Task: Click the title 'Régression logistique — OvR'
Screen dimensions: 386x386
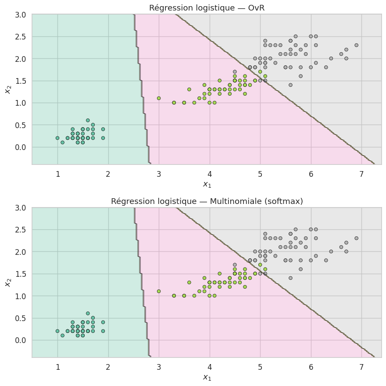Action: click(x=207, y=8)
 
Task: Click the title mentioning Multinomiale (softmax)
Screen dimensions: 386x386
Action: click(x=207, y=201)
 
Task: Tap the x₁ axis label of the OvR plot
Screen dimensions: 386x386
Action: click(x=207, y=184)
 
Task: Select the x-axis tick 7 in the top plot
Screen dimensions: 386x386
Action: click(x=361, y=173)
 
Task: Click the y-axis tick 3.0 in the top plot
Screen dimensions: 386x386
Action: click(x=20, y=14)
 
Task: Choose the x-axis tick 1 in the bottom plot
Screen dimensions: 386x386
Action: click(x=57, y=366)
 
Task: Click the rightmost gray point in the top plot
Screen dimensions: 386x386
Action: click(x=356, y=45)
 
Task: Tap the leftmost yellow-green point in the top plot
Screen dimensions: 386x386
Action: click(x=159, y=98)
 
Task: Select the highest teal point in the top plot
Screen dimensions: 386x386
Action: click(x=88, y=120)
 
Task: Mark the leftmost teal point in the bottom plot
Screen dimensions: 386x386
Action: click(x=57, y=331)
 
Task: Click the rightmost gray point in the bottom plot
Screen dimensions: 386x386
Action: click(x=356, y=238)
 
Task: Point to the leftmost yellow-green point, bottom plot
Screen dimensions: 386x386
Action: click(x=159, y=291)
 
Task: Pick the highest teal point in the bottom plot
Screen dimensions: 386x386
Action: click(x=88, y=314)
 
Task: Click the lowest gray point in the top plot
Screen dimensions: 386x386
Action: click(x=290, y=85)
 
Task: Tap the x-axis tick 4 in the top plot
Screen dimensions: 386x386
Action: click(x=210, y=173)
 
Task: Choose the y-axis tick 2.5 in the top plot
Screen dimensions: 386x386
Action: click(x=20, y=36)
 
